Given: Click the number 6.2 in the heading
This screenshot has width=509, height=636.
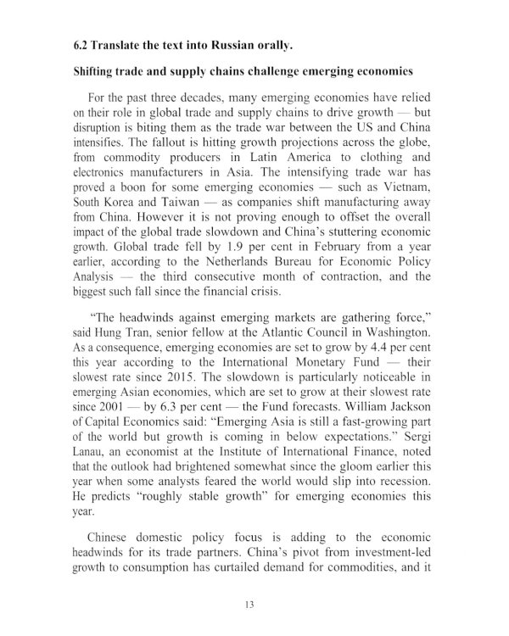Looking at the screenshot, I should [x=83, y=43].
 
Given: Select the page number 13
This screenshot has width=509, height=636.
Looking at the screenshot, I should [x=249, y=604].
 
